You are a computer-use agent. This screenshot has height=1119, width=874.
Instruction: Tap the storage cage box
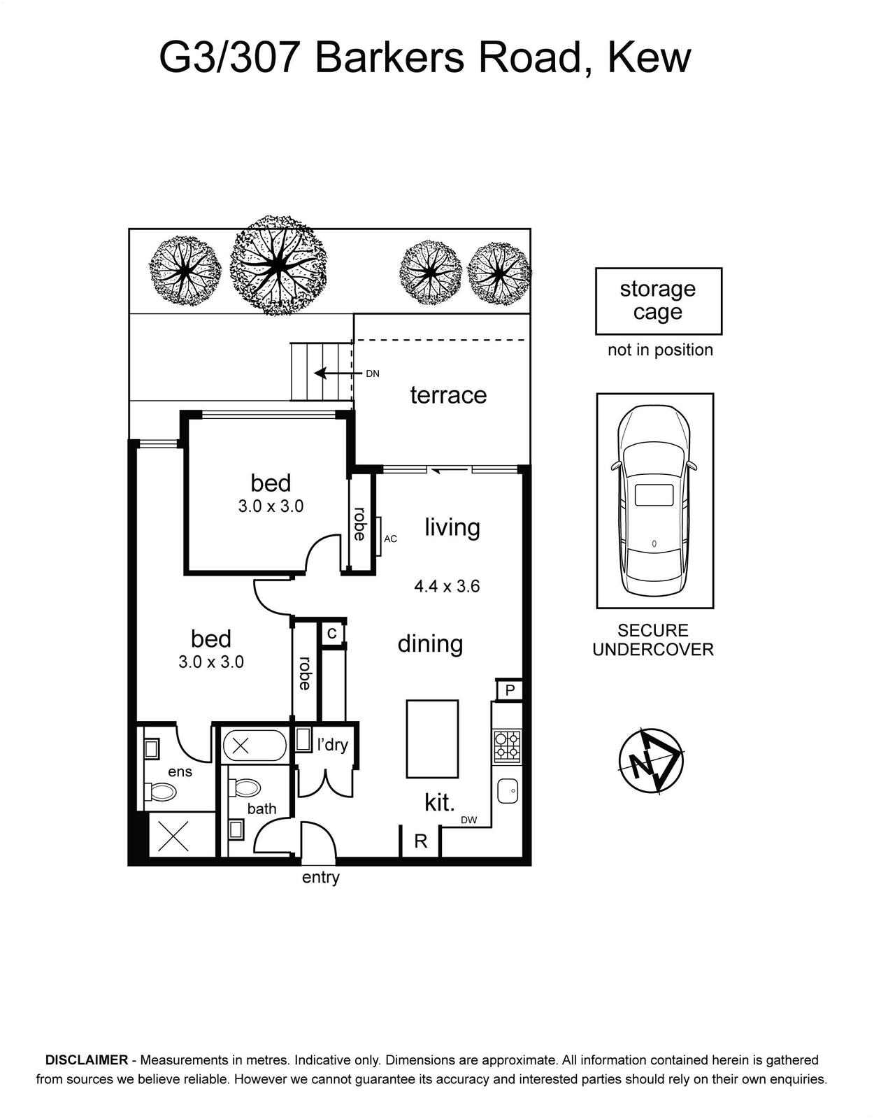[x=659, y=301]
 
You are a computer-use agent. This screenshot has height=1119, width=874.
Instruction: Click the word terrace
[x=448, y=395]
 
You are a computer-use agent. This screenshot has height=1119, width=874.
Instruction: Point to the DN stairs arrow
[x=336, y=373]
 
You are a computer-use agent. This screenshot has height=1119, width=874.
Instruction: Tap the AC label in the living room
[x=391, y=539]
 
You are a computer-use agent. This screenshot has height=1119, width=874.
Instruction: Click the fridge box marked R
[x=420, y=841]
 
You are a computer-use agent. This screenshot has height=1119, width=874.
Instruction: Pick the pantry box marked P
[x=510, y=690]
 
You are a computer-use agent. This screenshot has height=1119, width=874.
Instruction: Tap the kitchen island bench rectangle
[x=432, y=739]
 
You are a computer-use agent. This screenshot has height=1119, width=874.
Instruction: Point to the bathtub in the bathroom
[x=255, y=745]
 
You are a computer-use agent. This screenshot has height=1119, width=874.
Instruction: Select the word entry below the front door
[x=321, y=877]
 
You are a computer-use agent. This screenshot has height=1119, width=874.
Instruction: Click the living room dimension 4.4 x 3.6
[x=447, y=586]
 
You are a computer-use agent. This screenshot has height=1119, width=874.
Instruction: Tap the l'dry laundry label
[x=332, y=745]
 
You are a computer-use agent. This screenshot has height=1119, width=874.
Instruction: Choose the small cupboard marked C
[x=332, y=633]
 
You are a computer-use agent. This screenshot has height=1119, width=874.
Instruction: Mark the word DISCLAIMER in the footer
[x=87, y=1060]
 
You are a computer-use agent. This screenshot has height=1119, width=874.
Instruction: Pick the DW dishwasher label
[x=469, y=821]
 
